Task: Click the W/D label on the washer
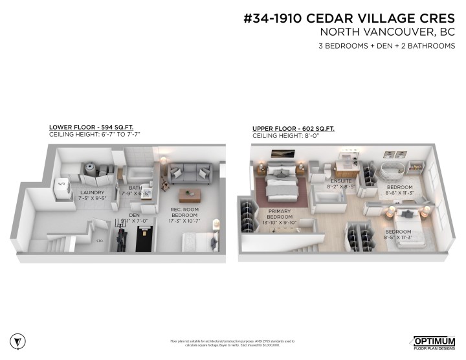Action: click(x=63, y=183)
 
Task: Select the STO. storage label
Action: click(x=100, y=240)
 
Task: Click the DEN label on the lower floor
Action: click(x=135, y=214)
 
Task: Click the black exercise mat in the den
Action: click(x=144, y=240)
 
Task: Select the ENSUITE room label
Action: click(x=340, y=181)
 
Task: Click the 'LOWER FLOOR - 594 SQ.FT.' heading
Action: click(x=95, y=127)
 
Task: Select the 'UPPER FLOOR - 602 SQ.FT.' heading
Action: click(x=293, y=129)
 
